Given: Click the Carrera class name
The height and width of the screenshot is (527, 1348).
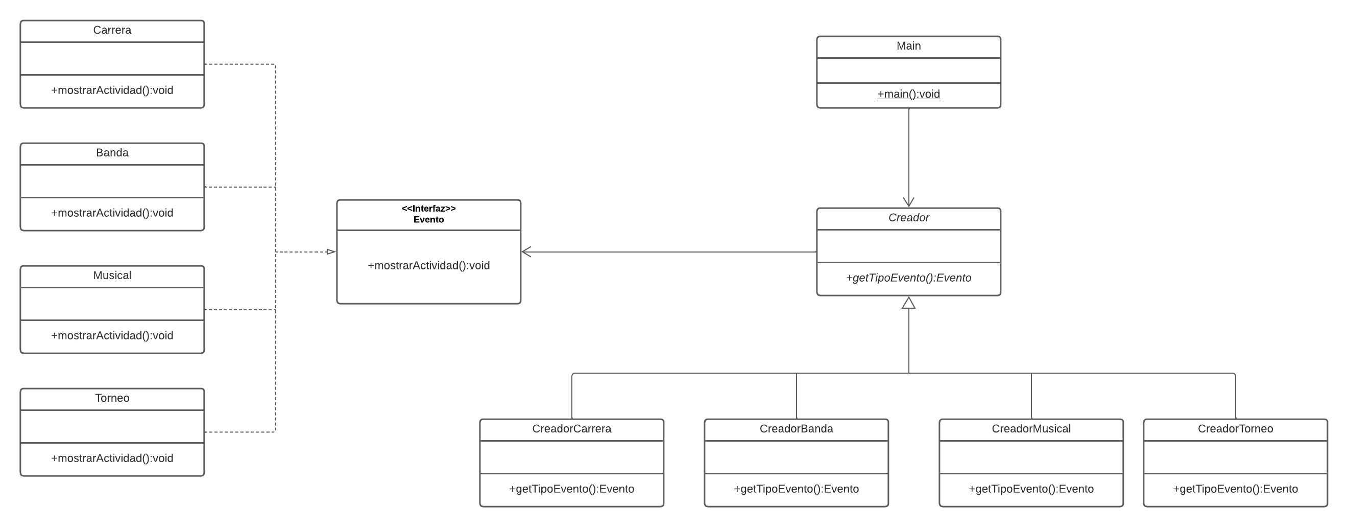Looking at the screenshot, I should (112, 30).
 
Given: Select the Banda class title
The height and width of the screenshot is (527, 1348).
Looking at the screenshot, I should (112, 152).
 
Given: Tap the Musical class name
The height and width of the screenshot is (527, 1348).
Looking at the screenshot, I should (112, 275).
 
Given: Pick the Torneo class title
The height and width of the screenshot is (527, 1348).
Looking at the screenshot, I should (112, 398).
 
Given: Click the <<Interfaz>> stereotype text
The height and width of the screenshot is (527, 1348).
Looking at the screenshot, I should (428, 209).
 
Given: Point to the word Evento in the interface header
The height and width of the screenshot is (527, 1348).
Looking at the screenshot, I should (428, 219).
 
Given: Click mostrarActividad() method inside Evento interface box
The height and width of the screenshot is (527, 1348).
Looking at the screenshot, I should (428, 266).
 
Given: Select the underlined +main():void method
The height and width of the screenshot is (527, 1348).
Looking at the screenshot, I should (908, 94).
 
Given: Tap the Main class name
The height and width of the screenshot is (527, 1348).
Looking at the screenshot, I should (908, 46).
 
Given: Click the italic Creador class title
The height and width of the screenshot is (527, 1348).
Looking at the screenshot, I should (908, 217).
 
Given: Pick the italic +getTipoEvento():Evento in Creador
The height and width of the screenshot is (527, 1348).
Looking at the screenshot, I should (908, 278).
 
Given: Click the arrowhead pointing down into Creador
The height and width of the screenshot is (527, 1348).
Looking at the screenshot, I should (908, 202).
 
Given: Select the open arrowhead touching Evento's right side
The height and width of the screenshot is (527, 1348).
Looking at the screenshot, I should (526, 252).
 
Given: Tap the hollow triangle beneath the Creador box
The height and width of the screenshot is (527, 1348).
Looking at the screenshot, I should (908, 303).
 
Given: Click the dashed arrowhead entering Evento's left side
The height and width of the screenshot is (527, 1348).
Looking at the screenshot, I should (331, 252).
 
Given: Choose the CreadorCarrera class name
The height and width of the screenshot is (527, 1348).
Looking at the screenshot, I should (571, 428).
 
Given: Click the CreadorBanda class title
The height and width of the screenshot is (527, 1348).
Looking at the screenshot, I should (796, 428).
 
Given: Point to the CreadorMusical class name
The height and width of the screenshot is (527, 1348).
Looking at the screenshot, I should (1031, 428).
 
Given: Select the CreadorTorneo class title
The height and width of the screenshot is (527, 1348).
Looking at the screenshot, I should (1235, 428).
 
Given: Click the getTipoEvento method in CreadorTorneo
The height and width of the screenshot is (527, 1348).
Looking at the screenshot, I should (1235, 489).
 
